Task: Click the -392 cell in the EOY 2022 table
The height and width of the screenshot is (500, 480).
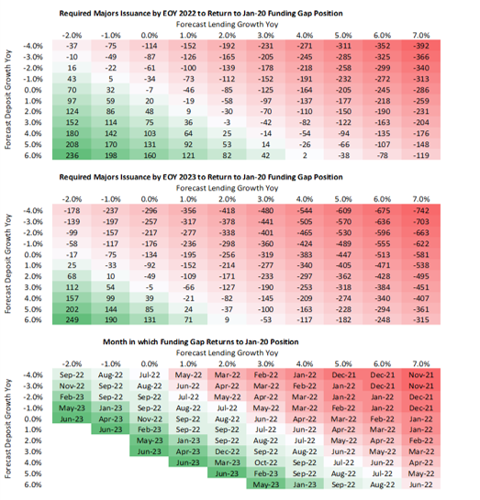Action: tap(421, 46)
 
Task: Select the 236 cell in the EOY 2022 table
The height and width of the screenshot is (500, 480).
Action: tap(72, 155)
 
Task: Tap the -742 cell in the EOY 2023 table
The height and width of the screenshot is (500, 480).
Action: tap(421, 210)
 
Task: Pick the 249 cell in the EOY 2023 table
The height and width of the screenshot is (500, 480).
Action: tap(72, 319)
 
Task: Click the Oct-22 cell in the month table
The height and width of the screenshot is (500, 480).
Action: tap(265, 462)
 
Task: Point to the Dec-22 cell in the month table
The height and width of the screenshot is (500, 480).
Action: tap(227, 451)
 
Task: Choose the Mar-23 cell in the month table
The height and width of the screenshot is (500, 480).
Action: tap(227, 462)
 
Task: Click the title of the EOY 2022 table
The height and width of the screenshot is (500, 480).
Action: tap(201, 14)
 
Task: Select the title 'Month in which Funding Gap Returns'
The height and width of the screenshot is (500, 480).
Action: tap(201, 342)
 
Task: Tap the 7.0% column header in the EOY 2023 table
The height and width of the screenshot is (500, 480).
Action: tap(421, 199)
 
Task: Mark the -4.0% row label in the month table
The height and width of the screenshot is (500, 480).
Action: tap(33, 374)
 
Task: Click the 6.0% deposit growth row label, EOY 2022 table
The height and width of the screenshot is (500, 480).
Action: tap(33, 155)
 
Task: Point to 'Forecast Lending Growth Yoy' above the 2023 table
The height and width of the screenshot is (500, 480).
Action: tap(227, 188)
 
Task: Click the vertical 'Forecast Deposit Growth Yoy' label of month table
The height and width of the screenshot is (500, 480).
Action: tap(8, 428)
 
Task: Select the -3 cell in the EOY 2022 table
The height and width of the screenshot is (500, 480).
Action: tap(227, 122)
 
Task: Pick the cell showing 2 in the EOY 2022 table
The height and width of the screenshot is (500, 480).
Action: tap(305, 155)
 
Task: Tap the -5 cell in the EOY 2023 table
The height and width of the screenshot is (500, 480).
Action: tap(150, 287)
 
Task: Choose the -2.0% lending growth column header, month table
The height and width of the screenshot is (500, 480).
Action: tap(72, 364)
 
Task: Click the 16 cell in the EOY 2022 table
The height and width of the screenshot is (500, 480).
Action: tap(72, 68)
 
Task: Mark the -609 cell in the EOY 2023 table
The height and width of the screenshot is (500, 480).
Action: tap(343, 210)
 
